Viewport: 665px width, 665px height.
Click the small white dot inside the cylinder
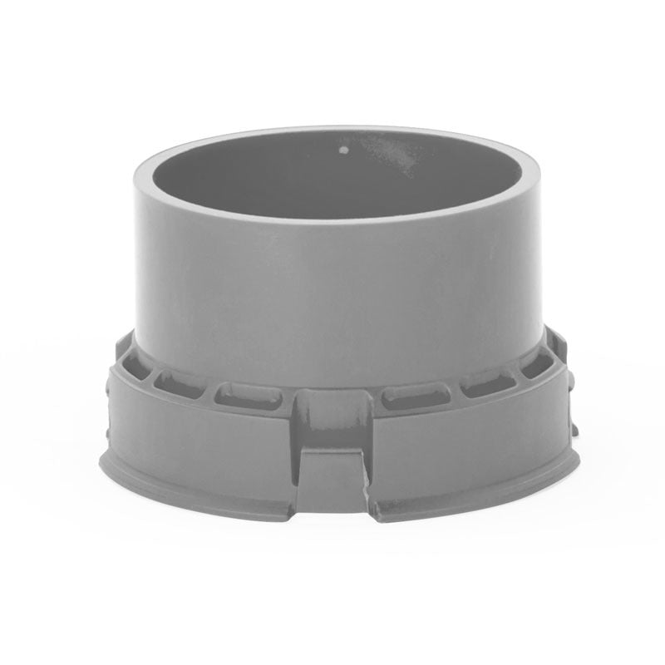tap(344, 152)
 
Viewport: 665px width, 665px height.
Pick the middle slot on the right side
tap(488, 384)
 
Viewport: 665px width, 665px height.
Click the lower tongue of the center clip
tap(332, 480)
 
